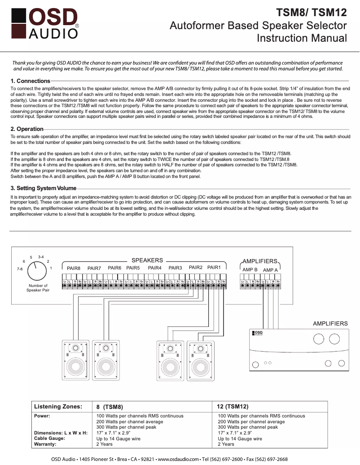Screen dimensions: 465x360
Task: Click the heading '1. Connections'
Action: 30,81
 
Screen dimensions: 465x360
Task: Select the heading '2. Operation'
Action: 27,129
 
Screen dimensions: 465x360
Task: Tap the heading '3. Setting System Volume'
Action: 44,188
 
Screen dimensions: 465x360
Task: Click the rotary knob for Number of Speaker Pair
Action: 37,271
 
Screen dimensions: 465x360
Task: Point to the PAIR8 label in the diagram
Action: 74,268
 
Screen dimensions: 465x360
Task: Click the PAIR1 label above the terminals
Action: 214,268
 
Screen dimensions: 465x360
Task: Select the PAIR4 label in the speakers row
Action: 154,268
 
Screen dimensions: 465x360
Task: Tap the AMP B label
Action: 250,270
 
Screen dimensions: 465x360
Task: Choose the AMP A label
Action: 270,270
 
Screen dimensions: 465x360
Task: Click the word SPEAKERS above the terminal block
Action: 147,260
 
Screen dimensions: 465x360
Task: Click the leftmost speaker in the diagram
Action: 76,361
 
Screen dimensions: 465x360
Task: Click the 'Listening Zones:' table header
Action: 58,407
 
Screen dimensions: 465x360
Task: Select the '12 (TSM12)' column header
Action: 232,407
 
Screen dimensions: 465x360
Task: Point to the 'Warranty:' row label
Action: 45,444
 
